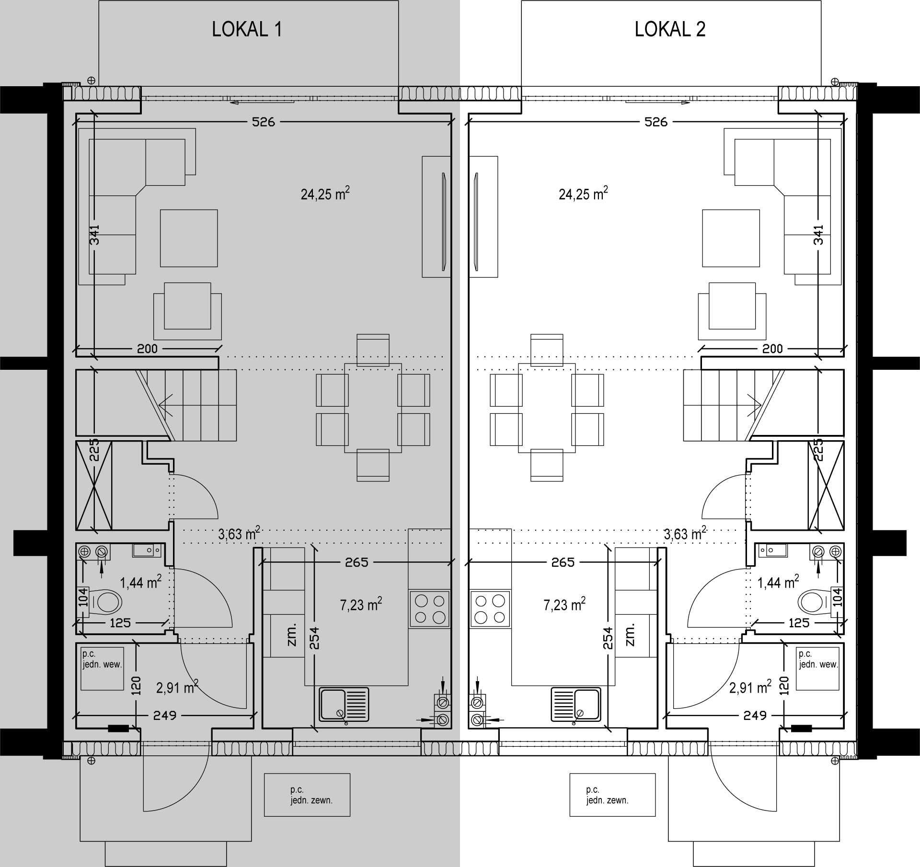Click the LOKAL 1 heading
pyautogui.click(x=247, y=30)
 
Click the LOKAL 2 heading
pyautogui.click(x=670, y=30)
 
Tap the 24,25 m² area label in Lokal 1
pyautogui.click(x=325, y=194)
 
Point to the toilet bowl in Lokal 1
pyautogui.click(x=105, y=602)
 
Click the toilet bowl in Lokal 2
pyautogui.click(x=815, y=602)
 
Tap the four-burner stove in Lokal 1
pyautogui.click(x=430, y=609)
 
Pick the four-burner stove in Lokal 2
pyautogui.click(x=490, y=609)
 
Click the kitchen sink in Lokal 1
pyautogui.click(x=344, y=705)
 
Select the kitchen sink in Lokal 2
pyautogui.click(x=576, y=705)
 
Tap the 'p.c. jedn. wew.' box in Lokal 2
pyautogui.click(x=817, y=669)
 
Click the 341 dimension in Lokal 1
pyautogui.click(x=94, y=235)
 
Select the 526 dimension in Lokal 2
pyautogui.click(x=656, y=122)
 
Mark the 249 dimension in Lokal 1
pyautogui.click(x=165, y=715)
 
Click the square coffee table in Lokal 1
pyautogui.click(x=189, y=238)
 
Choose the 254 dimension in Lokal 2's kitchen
pyautogui.click(x=608, y=638)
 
